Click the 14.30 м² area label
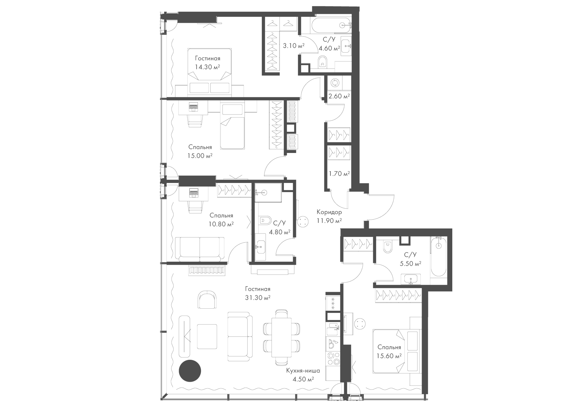click(x=207, y=67)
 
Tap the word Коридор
click(x=329, y=212)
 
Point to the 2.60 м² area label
click(x=339, y=96)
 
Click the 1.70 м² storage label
click(x=339, y=174)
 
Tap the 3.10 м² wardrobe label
click(x=293, y=46)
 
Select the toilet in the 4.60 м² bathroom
click(x=322, y=62)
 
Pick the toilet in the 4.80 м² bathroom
click(x=265, y=220)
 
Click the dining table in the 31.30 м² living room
click(x=282, y=337)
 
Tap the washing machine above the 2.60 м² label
click(x=335, y=83)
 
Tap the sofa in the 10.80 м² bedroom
click(x=200, y=249)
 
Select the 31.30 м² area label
click(x=258, y=298)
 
